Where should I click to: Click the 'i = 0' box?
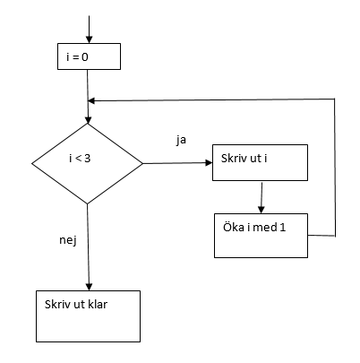coord(89,56)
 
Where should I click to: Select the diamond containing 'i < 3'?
coord(87,163)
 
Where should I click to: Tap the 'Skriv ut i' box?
coord(260,162)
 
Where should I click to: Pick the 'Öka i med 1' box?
coord(261,236)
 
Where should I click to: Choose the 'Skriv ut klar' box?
coord(88,316)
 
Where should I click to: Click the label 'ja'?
coord(181,140)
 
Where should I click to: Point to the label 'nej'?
coord(68,240)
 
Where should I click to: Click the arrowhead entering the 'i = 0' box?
coord(89,39)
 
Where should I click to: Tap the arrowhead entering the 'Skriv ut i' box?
coord(209,163)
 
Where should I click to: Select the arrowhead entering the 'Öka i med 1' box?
coord(261,210)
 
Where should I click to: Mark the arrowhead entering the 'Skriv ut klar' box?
coord(89,287)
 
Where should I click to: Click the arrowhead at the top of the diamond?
coord(88,119)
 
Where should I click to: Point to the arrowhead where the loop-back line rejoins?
coord(91,101)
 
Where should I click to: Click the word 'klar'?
coord(98,304)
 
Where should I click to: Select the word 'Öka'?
coord(234,227)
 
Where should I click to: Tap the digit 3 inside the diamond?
coord(87,159)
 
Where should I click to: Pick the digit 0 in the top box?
coord(85,56)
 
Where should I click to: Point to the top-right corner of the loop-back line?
coord(334,99)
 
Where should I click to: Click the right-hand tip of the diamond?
coord(142,163)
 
